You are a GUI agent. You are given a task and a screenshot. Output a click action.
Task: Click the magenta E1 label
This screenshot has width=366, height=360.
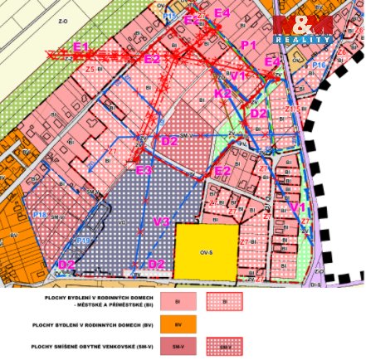point(81,47)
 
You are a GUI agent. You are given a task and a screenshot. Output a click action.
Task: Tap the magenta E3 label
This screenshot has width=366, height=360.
point(144,170)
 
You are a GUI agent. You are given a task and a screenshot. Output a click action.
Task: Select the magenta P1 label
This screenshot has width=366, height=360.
point(248,44)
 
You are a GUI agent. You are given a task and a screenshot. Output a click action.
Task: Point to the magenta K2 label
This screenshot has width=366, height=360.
point(223,94)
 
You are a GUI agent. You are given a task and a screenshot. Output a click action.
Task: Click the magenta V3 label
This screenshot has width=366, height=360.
point(162,221)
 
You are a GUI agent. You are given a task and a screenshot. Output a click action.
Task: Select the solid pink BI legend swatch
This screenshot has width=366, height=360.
point(178,300)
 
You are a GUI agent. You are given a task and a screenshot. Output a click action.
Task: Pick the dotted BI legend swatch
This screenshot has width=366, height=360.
point(224,300)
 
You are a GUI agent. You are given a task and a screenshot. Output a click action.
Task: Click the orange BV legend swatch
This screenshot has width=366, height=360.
point(178,324)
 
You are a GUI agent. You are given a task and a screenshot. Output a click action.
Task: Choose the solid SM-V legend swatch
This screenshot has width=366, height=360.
point(178,346)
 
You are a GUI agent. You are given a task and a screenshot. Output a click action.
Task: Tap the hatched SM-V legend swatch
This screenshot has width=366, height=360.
point(224,346)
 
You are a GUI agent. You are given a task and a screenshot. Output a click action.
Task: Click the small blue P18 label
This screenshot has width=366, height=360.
point(39,215)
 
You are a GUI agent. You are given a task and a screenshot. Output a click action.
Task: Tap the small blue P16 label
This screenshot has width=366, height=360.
point(319,65)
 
